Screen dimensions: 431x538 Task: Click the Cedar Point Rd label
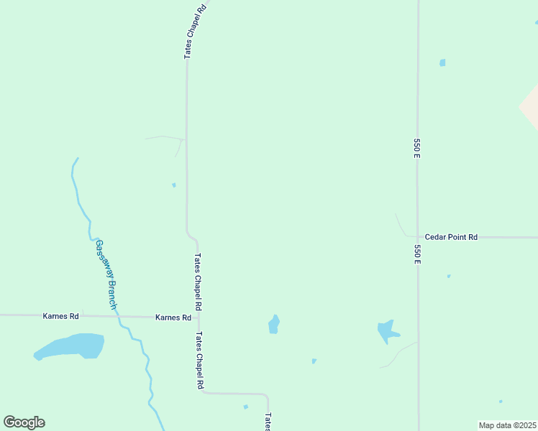pos(451,236)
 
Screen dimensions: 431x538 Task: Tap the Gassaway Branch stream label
pos(106,274)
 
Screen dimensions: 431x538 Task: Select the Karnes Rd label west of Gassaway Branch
pos(60,315)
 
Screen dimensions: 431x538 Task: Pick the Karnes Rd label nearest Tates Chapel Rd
pos(173,317)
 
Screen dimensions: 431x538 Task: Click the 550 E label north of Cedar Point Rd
pos(416,147)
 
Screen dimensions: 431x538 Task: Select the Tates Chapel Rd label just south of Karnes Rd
pos(199,360)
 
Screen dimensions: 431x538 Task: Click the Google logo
pos(24,422)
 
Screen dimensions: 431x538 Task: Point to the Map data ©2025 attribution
pos(507,425)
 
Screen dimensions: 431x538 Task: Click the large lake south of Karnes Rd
pos(71,346)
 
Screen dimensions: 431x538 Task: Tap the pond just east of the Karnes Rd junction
pos(273,325)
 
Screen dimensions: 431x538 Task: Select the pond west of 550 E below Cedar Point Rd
pos(387,331)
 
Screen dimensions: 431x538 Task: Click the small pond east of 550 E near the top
pos(442,62)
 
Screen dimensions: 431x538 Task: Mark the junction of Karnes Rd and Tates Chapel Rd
pos(199,317)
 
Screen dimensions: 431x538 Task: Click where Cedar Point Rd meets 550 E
pos(418,236)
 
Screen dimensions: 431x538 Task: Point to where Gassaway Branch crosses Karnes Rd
pos(117,316)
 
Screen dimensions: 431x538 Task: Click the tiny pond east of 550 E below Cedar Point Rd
pos(449,276)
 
